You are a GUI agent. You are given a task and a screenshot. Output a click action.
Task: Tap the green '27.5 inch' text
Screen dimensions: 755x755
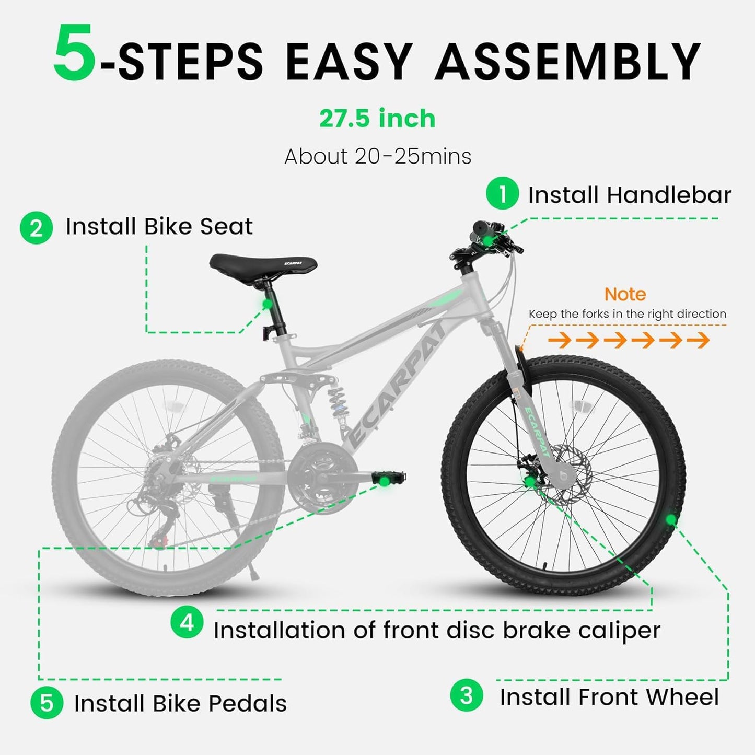pyautogui.click(x=377, y=119)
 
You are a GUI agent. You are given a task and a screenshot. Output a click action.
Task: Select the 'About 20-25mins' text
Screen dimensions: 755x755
pyautogui.click(x=377, y=156)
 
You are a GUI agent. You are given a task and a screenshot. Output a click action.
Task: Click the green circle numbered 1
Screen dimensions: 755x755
pyautogui.click(x=502, y=194)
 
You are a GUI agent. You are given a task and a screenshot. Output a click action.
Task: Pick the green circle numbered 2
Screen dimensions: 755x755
pyautogui.click(x=36, y=228)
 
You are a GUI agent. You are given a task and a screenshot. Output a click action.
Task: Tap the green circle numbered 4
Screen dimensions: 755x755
pyautogui.click(x=187, y=623)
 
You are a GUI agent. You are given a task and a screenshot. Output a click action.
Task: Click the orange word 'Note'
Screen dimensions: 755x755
pyautogui.click(x=625, y=294)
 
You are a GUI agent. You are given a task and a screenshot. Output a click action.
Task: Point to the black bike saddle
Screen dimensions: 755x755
pyautogui.click(x=263, y=263)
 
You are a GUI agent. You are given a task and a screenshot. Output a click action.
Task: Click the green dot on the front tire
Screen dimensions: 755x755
pyautogui.click(x=670, y=520)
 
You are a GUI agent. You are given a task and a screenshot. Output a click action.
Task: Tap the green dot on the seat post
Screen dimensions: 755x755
pyautogui.click(x=268, y=304)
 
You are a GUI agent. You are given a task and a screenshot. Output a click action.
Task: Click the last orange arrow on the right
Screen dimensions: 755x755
pyautogui.click(x=699, y=341)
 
